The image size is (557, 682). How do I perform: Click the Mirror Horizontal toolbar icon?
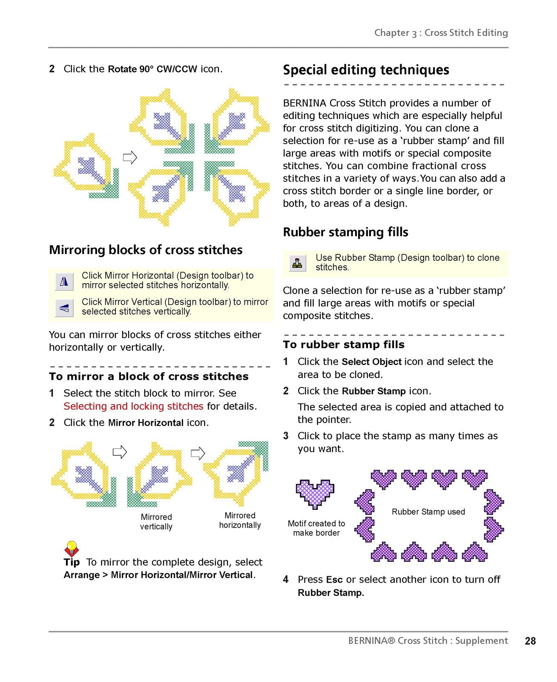click(x=64, y=282)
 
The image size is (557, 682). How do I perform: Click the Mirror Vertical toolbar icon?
click(x=64, y=308)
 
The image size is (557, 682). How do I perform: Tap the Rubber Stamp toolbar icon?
click(x=297, y=263)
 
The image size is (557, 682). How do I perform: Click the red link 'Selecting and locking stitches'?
click(x=133, y=406)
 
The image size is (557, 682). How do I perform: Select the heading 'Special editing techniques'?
click(x=366, y=70)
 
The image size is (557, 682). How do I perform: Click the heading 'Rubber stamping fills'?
click(x=345, y=232)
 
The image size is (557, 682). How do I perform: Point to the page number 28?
click(x=530, y=641)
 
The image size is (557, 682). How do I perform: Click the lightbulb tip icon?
click(x=72, y=549)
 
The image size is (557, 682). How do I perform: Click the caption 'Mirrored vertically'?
click(x=156, y=522)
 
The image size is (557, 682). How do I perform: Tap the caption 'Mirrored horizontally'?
click(x=240, y=520)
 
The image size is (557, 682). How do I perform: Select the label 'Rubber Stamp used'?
click(x=428, y=511)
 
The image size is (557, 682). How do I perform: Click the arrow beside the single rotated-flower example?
click(x=130, y=157)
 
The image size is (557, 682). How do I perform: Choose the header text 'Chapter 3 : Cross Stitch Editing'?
click(x=441, y=33)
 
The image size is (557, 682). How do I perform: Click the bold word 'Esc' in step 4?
click(x=334, y=579)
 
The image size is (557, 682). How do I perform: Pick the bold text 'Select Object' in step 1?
click(x=372, y=361)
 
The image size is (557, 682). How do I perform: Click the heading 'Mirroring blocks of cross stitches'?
click(x=146, y=250)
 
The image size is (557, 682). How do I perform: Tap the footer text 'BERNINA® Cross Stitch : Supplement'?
click(x=428, y=641)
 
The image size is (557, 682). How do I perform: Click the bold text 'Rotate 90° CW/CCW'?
click(x=152, y=69)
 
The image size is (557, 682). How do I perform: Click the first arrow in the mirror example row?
click(x=120, y=452)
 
